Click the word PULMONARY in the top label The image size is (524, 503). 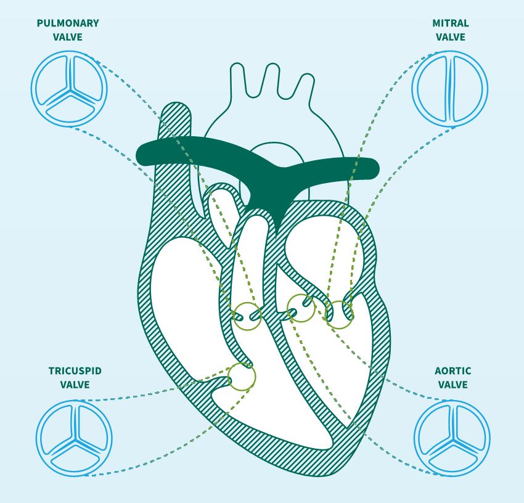(x=68, y=23)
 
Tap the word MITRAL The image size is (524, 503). (x=450, y=23)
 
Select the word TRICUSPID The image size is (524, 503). (x=75, y=370)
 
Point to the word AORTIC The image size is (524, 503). (x=452, y=370)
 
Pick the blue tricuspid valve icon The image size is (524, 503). (x=74, y=437)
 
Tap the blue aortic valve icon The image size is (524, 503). (x=452, y=438)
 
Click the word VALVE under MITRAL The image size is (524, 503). (x=450, y=37)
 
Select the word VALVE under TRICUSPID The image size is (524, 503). (x=75, y=385)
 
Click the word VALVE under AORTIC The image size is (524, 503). (x=452, y=385)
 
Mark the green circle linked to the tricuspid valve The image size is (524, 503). (x=242, y=377)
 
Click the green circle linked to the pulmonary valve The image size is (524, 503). (x=247, y=316)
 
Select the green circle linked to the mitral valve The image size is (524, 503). (x=338, y=314)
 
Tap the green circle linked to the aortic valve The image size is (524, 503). (x=301, y=308)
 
